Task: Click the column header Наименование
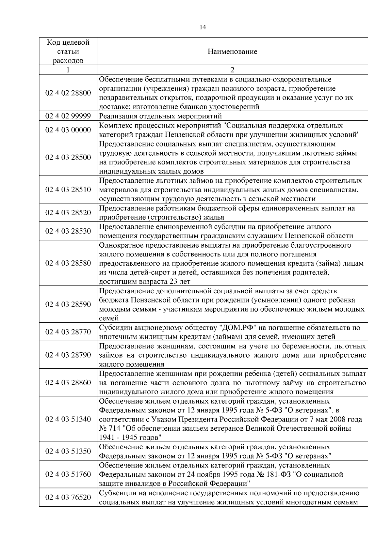(x=232, y=52)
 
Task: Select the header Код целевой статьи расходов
(x=68, y=52)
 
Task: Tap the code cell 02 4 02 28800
(x=68, y=93)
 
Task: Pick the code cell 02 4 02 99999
(x=68, y=116)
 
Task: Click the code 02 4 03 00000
(x=68, y=130)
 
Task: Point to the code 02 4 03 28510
(x=68, y=190)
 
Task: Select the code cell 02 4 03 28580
(x=68, y=263)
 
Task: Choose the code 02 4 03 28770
(x=68, y=332)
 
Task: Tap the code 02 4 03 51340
(x=68, y=419)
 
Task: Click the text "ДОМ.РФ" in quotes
(x=238, y=328)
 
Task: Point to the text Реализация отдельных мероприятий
(x=160, y=116)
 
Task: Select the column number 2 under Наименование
(x=232, y=70)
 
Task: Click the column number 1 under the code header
(x=68, y=70)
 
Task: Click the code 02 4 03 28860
(x=68, y=382)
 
